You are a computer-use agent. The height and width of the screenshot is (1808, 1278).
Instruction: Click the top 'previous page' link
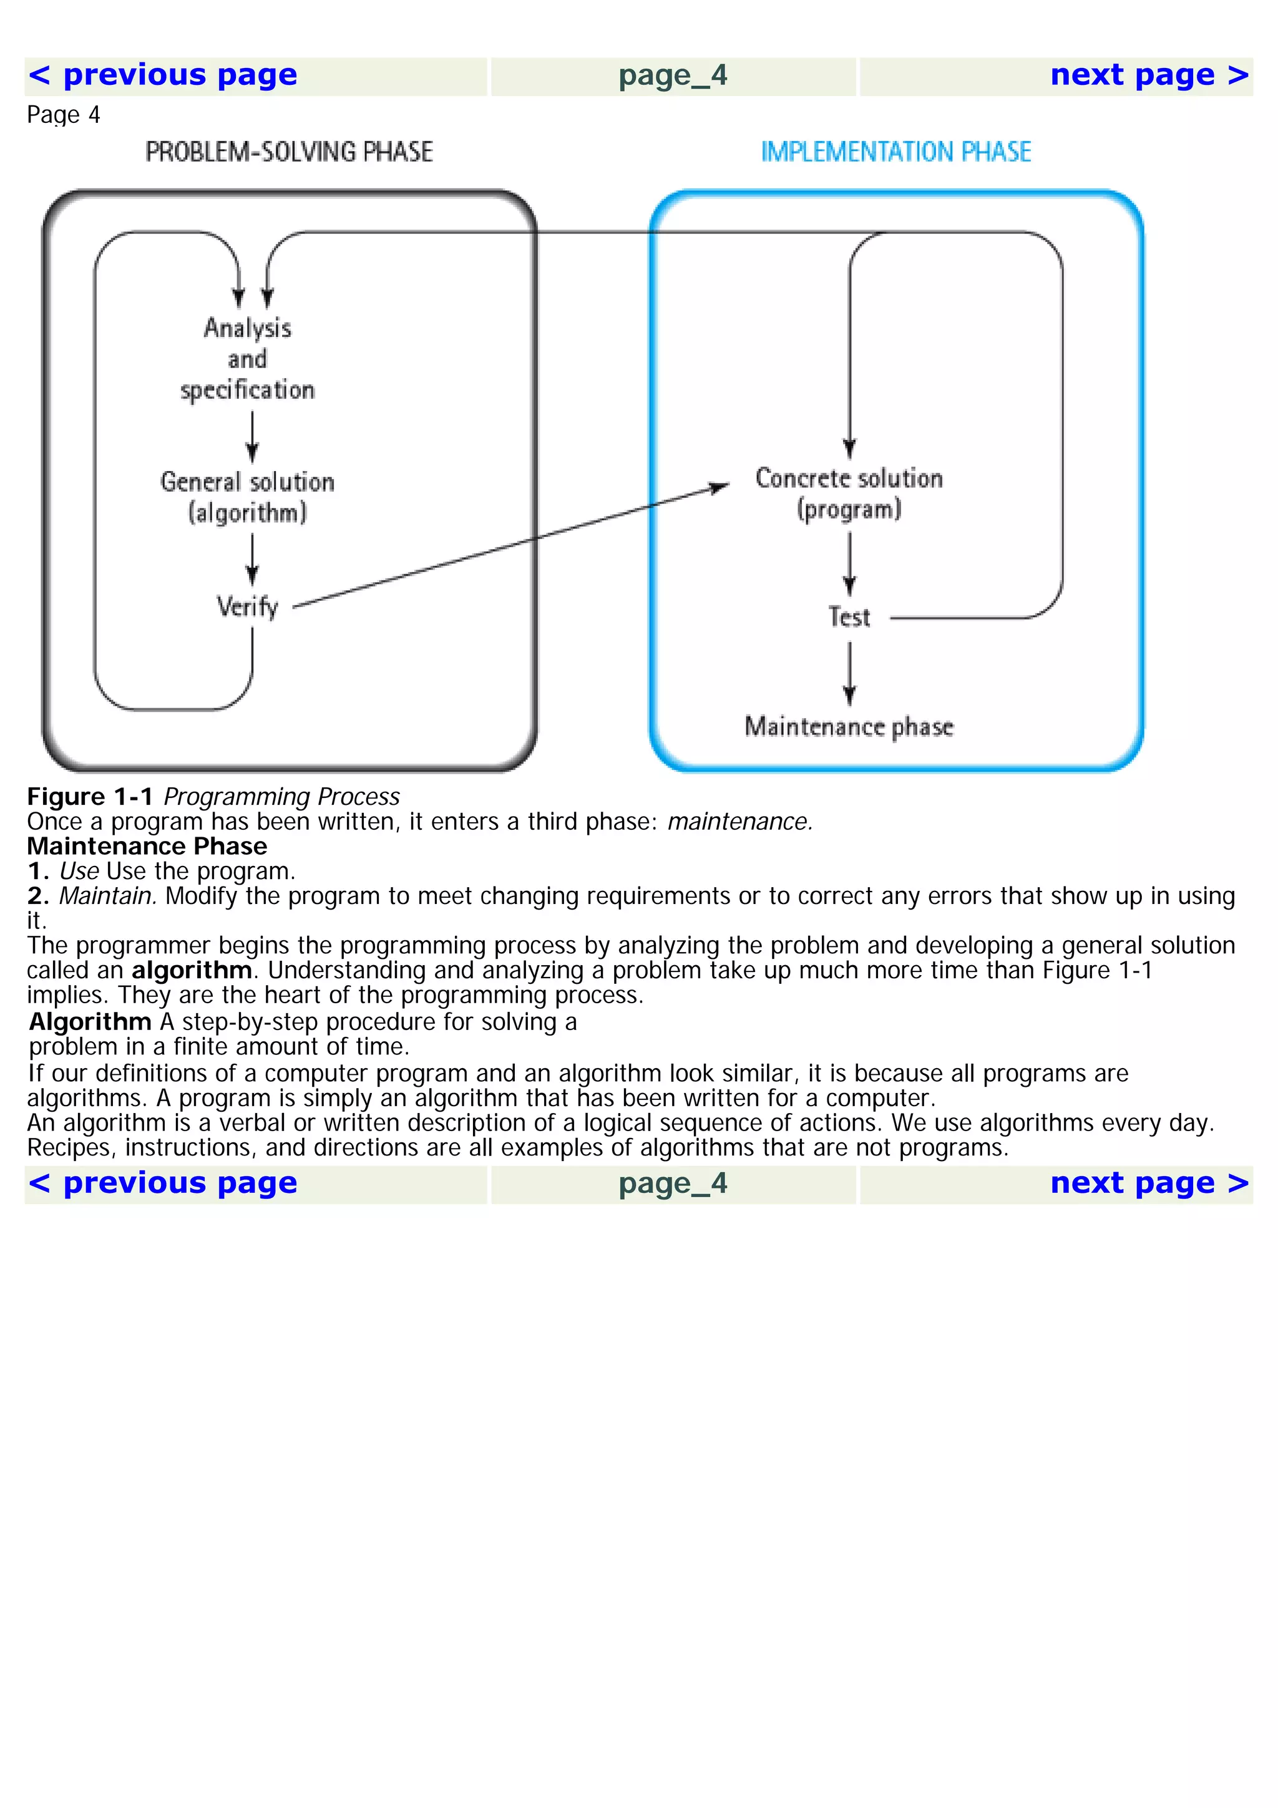(163, 75)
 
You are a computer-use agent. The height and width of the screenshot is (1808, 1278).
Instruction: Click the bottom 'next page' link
(1149, 1183)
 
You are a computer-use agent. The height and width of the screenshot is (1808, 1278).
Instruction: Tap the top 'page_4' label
(673, 75)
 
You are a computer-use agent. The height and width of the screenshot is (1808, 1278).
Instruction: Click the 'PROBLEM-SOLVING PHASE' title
(289, 152)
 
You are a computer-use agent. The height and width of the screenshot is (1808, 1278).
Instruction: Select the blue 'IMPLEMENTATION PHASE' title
(895, 152)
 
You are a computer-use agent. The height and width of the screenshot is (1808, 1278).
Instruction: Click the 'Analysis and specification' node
(247, 359)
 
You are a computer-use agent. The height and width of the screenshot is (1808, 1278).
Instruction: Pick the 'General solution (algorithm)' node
(247, 497)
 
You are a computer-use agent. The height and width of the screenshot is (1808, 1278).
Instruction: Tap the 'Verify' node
(247, 607)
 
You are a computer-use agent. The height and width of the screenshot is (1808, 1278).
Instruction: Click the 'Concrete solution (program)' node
(849, 493)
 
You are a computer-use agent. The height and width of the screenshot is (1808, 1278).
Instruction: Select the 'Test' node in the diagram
(849, 618)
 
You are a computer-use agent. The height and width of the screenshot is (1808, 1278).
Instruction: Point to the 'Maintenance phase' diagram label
(849, 726)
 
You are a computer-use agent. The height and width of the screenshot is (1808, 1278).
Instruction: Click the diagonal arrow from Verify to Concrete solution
(512, 547)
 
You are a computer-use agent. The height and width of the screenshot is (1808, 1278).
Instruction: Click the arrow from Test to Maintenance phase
(849, 673)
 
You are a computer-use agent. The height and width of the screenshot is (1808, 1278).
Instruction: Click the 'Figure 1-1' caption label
(90, 797)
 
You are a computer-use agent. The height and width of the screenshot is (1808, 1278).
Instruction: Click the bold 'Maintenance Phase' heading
(147, 847)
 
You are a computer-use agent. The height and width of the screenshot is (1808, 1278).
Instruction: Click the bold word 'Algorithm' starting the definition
(90, 1022)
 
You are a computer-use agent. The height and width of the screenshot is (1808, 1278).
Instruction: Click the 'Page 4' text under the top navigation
(63, 116)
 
